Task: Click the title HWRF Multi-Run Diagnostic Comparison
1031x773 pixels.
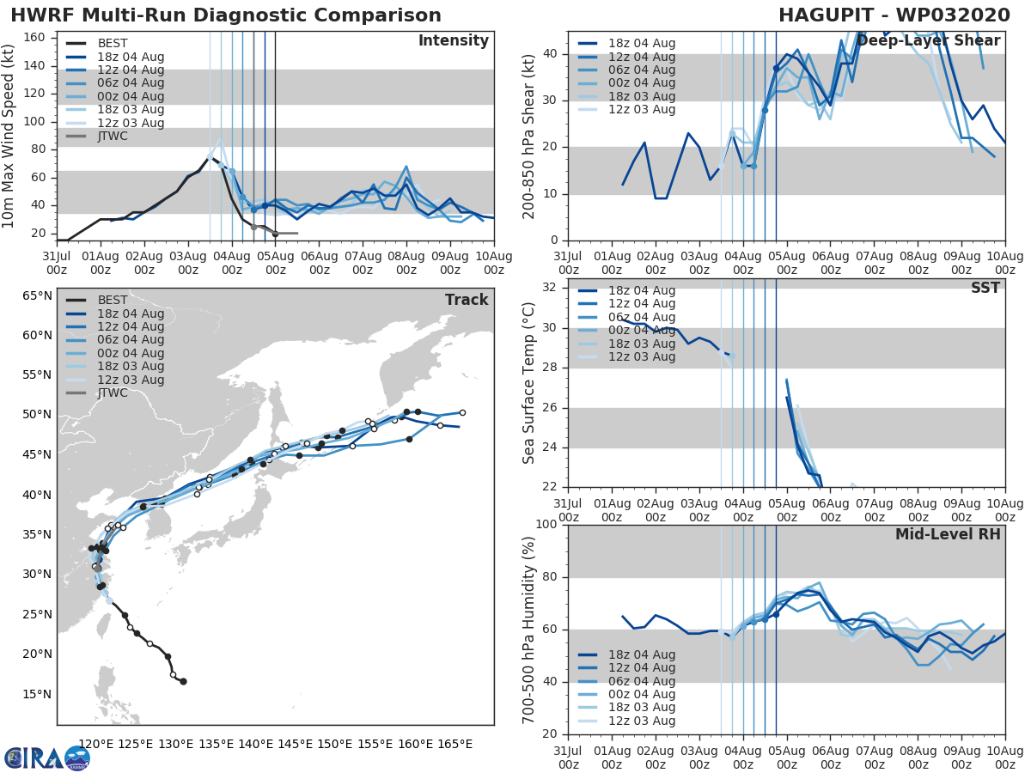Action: pos(226,15)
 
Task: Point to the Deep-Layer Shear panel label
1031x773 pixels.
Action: pos(928,41)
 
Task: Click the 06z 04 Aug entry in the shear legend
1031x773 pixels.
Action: pos(638,70)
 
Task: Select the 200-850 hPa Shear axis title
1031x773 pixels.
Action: pos(530,136)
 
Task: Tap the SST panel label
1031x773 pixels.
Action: pos(985,288)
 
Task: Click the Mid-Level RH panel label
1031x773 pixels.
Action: pos(948,534)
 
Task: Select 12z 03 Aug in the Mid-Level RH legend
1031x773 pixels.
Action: pos(638,721)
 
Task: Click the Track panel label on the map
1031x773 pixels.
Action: pos(467,300)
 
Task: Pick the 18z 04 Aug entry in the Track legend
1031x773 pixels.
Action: pos(131,313)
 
